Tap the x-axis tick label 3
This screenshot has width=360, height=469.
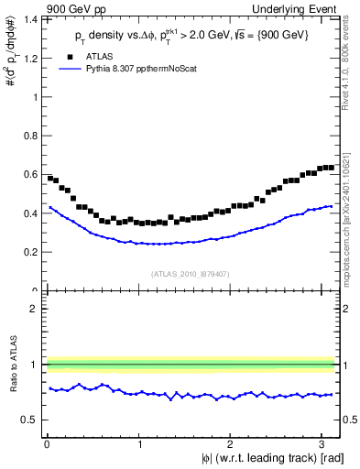click(x=322, y=444)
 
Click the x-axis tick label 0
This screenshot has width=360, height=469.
click(x=46, y=444)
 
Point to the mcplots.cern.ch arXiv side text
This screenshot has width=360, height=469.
click(x=353, y=202)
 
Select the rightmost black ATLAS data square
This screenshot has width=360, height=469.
click(x=331, y=167)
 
